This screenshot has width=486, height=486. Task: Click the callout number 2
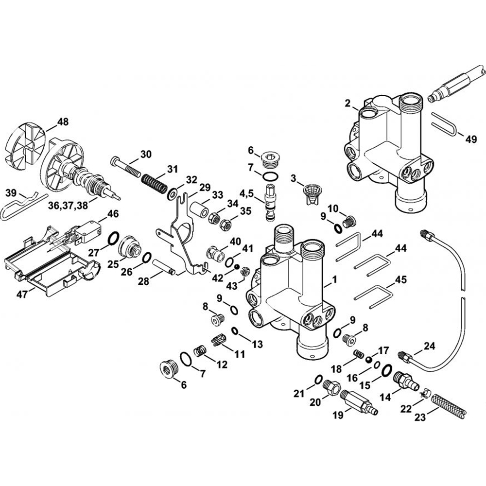[347, 103]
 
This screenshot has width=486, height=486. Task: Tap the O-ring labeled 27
[112, 238]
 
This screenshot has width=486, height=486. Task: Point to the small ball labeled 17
[369, 360]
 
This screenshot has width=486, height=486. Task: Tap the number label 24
[429, 346]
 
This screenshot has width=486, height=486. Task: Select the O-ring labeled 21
[317, 379]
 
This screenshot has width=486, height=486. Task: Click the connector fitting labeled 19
[359, 401]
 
